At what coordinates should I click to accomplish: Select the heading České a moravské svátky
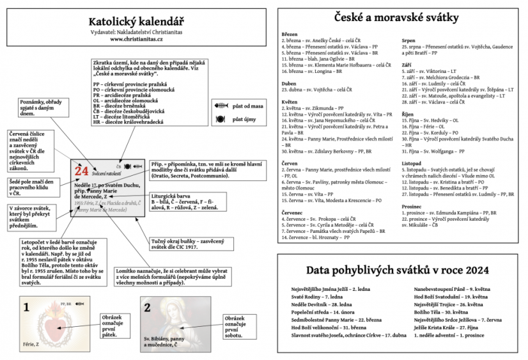(396, 18)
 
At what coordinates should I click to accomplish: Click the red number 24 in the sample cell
(82, 171)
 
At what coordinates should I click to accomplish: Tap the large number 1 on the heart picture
(26, 308)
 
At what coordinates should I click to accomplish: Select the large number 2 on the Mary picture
(147, 308)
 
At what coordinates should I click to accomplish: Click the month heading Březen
(290, 33)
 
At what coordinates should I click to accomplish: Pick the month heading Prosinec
(412, 207)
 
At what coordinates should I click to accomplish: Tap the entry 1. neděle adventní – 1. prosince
(447, 335)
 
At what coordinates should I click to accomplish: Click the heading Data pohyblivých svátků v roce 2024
(396, 269)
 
